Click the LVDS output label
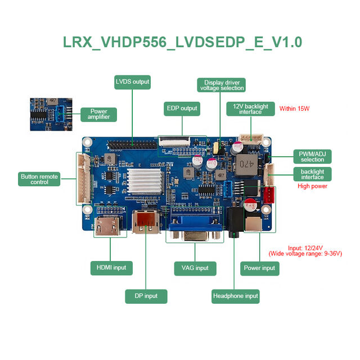coord(133,82)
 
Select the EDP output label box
coord(182,109)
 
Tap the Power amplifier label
coord(99,114)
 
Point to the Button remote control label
coord(39,179)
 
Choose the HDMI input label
coord(111,268)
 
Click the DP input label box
coord(146,296)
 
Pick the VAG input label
coord(195,268)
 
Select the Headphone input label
coord(235,296)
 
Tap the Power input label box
coord(260,268)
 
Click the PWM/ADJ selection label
coord(313,156)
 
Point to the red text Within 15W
coord(294,109)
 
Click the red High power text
coord(313,186)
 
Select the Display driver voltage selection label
coord(221,85)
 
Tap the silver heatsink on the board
coord(145,182)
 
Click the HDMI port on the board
coord(107,226)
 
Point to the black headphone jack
coord(235,222)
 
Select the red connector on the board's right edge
coord(269,195)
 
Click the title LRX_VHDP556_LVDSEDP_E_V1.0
coord(182,42)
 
